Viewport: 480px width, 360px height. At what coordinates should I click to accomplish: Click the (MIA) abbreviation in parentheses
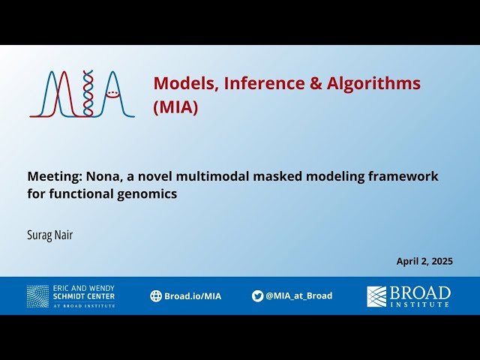click(175, 107)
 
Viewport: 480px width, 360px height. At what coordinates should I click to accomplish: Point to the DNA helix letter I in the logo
click(88, 94)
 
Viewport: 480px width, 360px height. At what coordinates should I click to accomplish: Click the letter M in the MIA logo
click(54, 94)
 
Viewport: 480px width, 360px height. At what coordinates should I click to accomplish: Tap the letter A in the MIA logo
click(114, 94)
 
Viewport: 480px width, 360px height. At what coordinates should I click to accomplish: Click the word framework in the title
click(403, 176)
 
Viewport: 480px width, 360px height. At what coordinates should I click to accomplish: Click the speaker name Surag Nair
click(50, 235)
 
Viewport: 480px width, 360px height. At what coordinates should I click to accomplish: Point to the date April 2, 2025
click(424, 262)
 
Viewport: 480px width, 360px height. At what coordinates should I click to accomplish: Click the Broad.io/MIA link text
click(193, 296)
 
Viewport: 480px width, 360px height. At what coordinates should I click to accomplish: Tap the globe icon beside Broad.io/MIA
click(156, 296)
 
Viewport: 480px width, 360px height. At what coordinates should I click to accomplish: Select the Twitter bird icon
click(257, 296)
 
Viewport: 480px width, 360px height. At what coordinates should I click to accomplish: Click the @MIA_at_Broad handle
click(298, 296)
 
